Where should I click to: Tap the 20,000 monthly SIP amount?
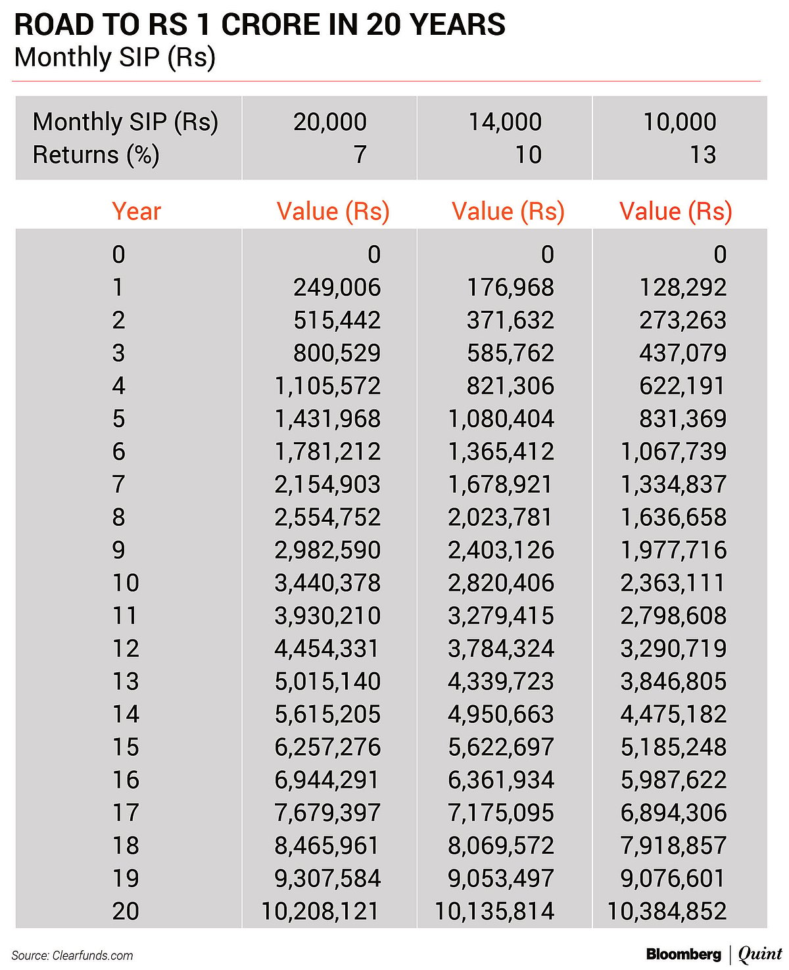click(330, 122)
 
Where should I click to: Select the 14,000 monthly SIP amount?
click(505, 122)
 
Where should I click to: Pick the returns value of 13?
click(702, 155)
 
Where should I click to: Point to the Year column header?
click(136, 212)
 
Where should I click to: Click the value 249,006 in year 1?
click(337, 287)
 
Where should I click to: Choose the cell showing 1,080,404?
click(501, 419)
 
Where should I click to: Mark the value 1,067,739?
click(674, 451)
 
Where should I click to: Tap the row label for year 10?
click(126, 583)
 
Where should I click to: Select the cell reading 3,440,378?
click(327, 583)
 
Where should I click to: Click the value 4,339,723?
click(501, 681)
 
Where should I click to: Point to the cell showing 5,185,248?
click(674, 747)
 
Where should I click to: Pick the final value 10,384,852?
click(667, 912)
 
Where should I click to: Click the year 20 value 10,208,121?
click(320, 912)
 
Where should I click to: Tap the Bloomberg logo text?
click(683, 954)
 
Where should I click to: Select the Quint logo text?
click(760, 954)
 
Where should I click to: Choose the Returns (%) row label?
click(96, 155)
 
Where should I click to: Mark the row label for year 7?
click(118, 484)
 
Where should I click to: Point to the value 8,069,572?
click(501, 846)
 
